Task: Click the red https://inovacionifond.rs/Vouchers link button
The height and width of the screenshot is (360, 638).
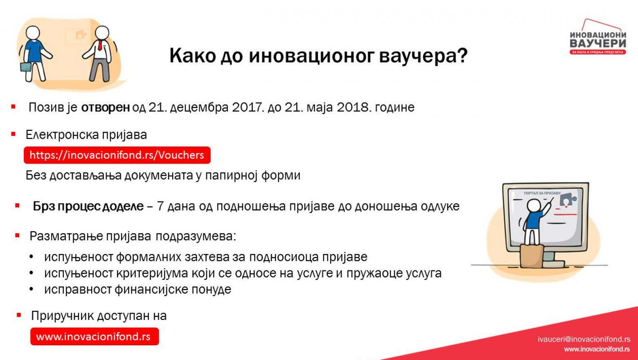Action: click(x=117, y=155)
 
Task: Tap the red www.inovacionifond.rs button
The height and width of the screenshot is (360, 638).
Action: click(x=94, y=337)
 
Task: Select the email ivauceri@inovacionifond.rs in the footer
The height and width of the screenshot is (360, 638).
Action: click(x=584, y=339)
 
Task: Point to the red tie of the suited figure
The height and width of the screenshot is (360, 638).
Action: click(x=100, y=45)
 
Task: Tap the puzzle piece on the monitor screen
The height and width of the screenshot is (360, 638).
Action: click(x=568, y=199)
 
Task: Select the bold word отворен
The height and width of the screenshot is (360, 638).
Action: click(x=106, y=107)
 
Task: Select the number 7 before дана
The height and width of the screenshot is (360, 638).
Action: click(x=160, y=206)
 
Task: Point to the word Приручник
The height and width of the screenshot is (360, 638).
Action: click(x=62, y=316)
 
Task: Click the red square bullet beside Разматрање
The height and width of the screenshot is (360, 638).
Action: click(x=17, y=236)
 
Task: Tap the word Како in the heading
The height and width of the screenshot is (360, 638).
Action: click(x=193, y=56)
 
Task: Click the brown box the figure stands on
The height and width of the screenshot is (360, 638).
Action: click(x=532, y=256)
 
